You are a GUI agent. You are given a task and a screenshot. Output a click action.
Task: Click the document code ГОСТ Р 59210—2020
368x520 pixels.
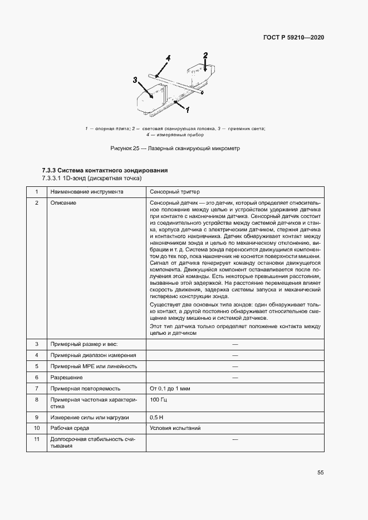click(x=293, y=38)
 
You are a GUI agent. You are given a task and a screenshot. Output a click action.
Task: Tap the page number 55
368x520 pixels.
click(x=321, y=472)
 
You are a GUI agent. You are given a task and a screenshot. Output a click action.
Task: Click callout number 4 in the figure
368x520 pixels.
click(x=168, y=58)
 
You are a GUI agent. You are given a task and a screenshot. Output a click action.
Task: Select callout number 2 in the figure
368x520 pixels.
click(x=205, y=55)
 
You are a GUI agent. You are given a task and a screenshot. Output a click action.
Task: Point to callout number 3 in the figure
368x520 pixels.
click(x=135, y=80)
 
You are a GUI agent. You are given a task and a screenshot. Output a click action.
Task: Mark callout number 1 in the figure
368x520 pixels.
click(x=188, y=110)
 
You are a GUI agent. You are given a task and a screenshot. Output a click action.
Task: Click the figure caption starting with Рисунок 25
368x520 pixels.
click(x=175, y=148)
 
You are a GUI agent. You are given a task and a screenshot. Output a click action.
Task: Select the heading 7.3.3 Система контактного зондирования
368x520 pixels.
click(x=105, y=170)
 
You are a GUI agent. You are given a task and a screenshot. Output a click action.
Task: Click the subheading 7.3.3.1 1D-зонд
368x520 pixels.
click(x=92, y=178)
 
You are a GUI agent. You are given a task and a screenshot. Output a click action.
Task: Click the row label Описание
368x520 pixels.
click(x=63, y=203)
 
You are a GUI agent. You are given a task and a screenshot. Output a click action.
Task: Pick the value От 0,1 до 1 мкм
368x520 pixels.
click(x=170, y=388)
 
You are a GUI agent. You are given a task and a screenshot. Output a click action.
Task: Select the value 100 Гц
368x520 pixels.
click(x=159, y=399)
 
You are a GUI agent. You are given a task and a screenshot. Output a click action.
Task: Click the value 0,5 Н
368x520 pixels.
click(x=157, y=417)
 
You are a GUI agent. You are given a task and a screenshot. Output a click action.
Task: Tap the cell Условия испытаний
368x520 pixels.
click(x=175, y=428)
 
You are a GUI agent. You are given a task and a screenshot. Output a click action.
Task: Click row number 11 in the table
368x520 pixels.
click(x=37, y=439)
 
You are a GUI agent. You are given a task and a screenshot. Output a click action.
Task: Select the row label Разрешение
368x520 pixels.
click(x=67, y=377)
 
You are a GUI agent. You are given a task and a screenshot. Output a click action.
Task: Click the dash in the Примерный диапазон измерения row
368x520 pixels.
click(x=235, y=355)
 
